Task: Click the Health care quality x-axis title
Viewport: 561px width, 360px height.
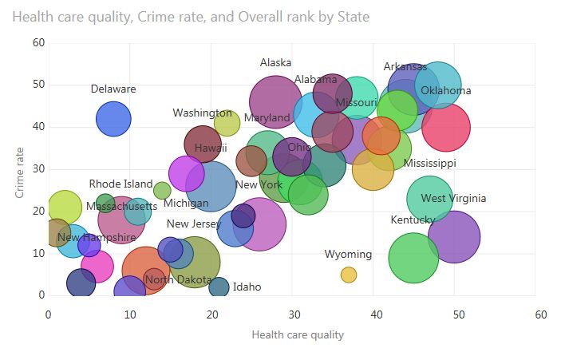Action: point(298,334)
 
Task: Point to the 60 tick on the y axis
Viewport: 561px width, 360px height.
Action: point(38,42)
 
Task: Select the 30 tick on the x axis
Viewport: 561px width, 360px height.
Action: point(295,315)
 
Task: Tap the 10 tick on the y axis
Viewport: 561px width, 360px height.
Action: point(38,253)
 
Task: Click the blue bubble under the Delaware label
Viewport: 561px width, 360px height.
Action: point(114,119)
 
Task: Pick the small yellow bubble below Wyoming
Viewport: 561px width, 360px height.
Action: point(349,275)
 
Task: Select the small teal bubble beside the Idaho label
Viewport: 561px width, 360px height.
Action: point(219,287)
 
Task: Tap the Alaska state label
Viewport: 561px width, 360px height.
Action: point(276,63)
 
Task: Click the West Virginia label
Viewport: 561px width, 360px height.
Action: point(453,199)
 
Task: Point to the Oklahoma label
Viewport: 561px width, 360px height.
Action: point(446,91)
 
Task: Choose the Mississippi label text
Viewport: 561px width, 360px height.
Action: point(429,164)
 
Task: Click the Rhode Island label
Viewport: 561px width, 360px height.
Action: point(120,184)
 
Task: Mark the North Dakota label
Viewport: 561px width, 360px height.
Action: point(179,280)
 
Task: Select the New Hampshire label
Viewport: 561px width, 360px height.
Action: point(96,238)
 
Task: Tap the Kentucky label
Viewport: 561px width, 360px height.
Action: point(413,220)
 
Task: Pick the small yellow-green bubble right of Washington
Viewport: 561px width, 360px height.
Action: point(227,124)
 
